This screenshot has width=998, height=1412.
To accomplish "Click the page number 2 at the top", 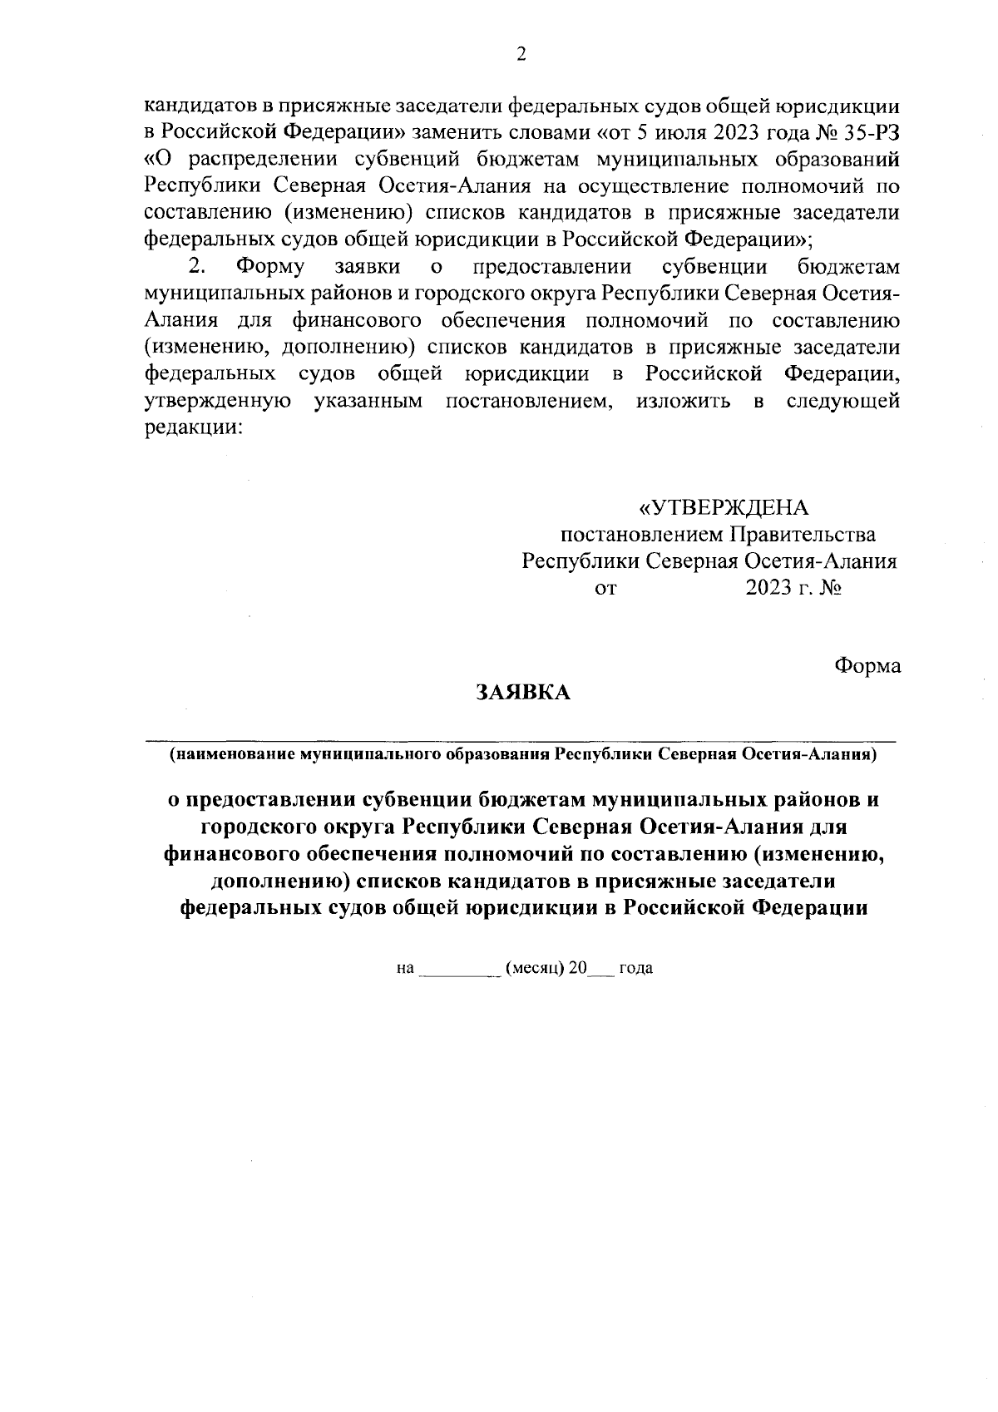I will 521,55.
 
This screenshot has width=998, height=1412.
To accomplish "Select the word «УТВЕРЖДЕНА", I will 723,507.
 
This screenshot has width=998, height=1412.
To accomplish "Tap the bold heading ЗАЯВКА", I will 522,693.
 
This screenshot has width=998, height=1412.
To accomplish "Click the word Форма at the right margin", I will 867,666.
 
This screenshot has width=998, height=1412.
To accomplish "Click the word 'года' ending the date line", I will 636,969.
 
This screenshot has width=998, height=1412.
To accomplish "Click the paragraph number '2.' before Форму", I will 196,268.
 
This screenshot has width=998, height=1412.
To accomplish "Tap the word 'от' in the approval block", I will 606,589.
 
